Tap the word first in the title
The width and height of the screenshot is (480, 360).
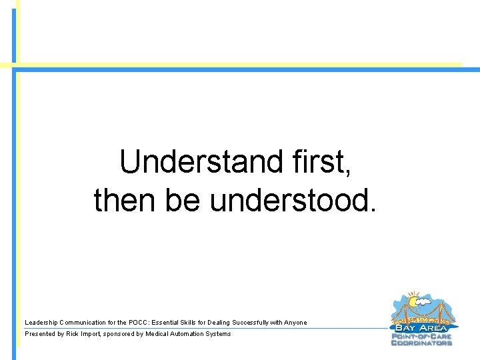[x=321, y=162]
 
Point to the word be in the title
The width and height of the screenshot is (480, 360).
[x=183, y=200]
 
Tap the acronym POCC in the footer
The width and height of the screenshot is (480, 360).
[x=138, y=323]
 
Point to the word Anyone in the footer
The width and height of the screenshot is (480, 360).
[x=295, y=323]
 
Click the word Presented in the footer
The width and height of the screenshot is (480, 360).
[x=39, y=334]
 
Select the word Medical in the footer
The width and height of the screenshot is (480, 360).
[x=160, y=334]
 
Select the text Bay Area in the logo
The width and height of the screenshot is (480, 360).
[x=422, y=327]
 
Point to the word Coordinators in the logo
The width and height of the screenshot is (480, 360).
[x=422, y=343]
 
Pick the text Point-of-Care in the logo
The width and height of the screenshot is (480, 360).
[x=422, y=336]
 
